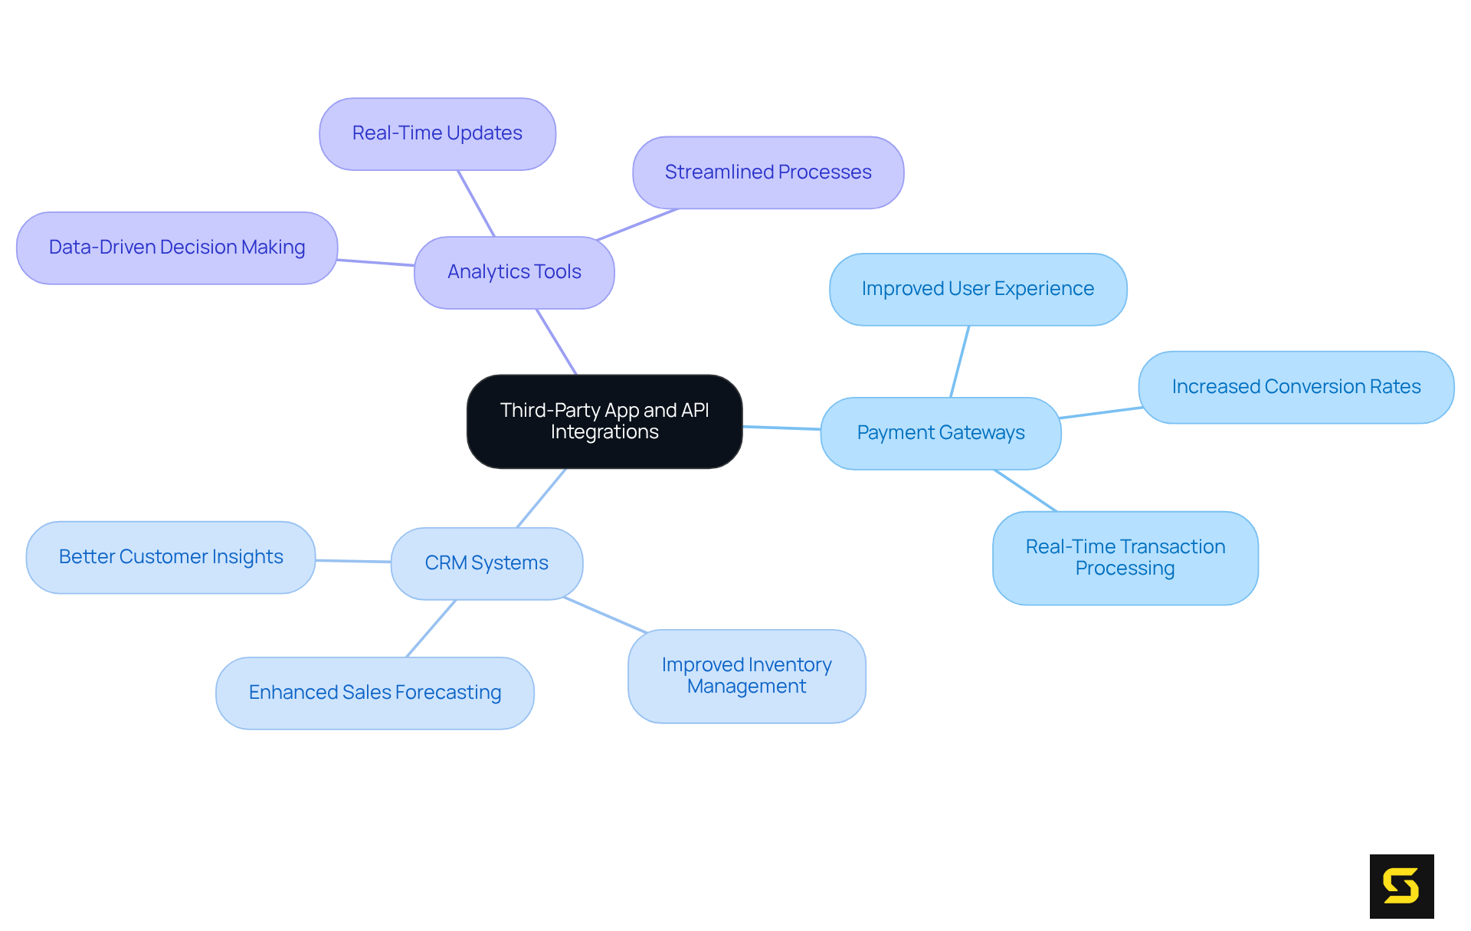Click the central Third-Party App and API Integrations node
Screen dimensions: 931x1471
coord(604,421)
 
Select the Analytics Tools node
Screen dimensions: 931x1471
coord(514,272)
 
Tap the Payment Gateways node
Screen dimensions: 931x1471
coord(940,433)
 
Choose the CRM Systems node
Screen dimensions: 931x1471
coord(487,563)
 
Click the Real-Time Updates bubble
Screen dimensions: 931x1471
coord(437,133)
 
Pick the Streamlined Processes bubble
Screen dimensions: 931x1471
coord(768,172)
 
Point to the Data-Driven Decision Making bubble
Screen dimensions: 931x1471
coord(177,248)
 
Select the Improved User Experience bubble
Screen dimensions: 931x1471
coord(978,289)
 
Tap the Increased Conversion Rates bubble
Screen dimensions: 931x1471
coord(1296,387)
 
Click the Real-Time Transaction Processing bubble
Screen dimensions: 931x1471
coord(1125,558)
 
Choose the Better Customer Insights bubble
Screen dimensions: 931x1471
coord(171,557)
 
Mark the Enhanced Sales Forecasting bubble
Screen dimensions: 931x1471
coord(375,693)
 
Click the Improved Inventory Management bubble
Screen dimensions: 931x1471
coord(746,676)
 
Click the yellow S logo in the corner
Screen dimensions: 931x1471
coord(1401,886)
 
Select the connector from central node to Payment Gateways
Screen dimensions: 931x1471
coord(781,428)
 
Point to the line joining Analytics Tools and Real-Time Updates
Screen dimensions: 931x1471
coord(477,203)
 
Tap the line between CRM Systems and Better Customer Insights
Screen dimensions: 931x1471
coord(353,561)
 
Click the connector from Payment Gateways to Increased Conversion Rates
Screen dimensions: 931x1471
coord(1101,413)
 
